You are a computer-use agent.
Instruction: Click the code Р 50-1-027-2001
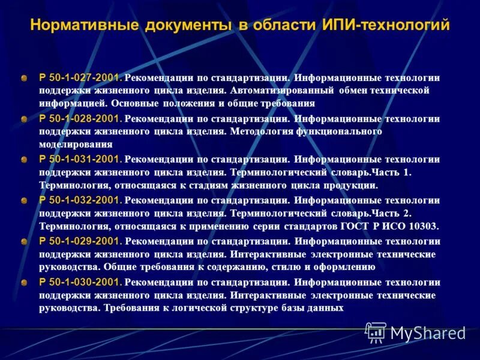[x=80, y=78]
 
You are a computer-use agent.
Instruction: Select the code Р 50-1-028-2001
[x=80, y=119]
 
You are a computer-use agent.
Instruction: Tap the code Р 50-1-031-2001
[x=80, y=160]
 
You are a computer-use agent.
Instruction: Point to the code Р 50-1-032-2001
[x=80, y=200]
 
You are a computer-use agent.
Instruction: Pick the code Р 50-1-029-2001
[x=80, y=241]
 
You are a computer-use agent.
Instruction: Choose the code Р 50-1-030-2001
[x=80, y=282]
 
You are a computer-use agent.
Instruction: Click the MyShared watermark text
[x=428, y=333]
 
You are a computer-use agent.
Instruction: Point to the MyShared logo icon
[x=376, y=332]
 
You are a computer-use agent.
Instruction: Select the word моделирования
[x=76, y=145]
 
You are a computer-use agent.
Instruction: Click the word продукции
[x=353, y=185]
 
